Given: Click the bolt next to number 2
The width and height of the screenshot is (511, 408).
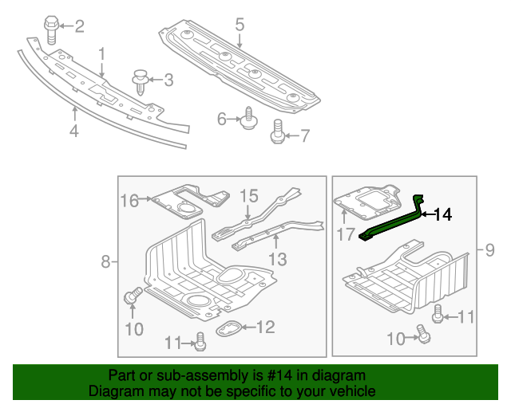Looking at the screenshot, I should [x=52, y=29].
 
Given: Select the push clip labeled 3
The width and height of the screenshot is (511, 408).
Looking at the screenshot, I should [x=141, y=80].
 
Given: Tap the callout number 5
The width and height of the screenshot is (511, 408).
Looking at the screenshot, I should [x=240, y=25].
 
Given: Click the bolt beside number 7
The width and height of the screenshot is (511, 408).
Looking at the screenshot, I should [x=278, y=131].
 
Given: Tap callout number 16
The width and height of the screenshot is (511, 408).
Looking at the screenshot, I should [x=130, y=199].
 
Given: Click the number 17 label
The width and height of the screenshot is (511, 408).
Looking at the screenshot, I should [x=345, y=235].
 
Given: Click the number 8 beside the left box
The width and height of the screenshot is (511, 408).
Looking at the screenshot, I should [x=105, y=261].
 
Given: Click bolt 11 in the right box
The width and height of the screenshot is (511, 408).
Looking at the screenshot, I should [x=438, y=316].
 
